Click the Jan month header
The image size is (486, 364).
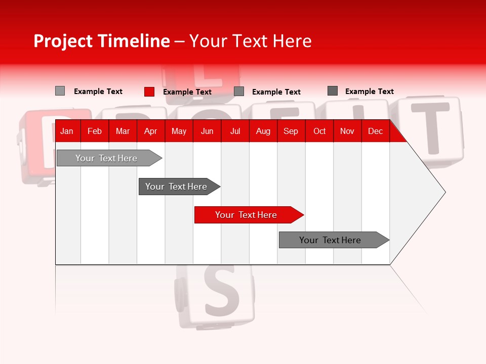click(x=67, y=131)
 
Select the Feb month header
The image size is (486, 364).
click(x=95, y=131)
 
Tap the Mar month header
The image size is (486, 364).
click(x=123, y=131)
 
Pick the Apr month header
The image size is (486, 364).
click(x=150, y=131)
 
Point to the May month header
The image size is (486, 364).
click(x=179, y=131)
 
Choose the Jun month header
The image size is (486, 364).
click(x=207, y=131)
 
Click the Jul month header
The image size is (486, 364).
click(x=235, y=131)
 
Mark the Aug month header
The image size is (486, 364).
click(x=263, y=131)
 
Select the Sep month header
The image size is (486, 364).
click(x=291, y=131)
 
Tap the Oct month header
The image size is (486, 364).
click(x=319, y=131)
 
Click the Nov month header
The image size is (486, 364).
click(x=347, y=131)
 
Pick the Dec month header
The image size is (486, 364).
click(x=375, y=131)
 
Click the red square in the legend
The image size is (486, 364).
click(x=149, y=92)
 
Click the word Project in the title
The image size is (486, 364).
click(x=63, y=41)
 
